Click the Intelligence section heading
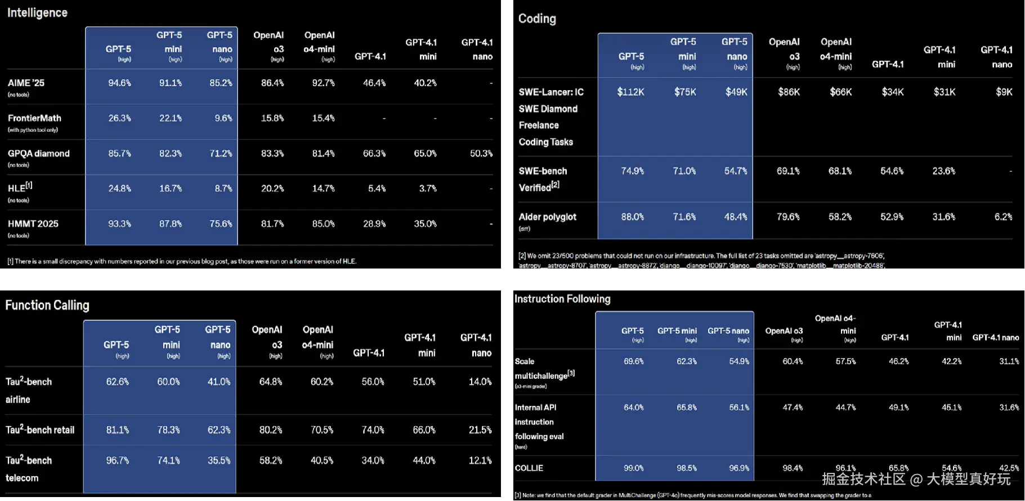pos(37,12)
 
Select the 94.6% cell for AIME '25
pos(119,83)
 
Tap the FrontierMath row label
pos(34,118)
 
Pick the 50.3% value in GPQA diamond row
pos(481,153)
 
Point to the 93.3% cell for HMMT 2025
pos(119,223)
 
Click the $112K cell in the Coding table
pos(630,92)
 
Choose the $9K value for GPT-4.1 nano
pos(1004,92)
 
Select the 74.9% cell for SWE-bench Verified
pos(632,171)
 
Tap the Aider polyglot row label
pos(547,217)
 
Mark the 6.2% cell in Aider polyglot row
pos(1003,217)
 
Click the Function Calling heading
pos(47,305)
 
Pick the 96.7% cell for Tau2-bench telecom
pos(117,460)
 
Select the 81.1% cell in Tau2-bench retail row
pos(117,430)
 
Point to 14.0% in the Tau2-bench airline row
pos(480,382)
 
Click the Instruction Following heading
pos(562,299)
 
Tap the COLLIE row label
pos(529,468)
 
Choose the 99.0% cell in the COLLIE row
pos(633,468)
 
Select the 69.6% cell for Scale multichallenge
pos(633,361)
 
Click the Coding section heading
pos(537,19)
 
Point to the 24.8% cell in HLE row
pos(119,189)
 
